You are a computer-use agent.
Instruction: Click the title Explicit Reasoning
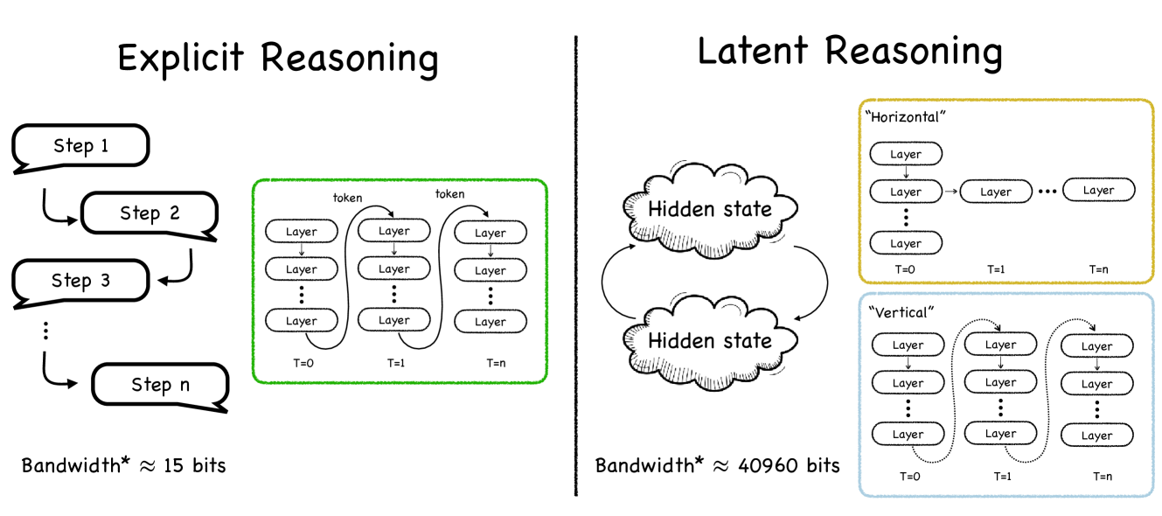[x=277, y=59]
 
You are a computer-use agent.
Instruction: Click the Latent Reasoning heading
[x=849, y=52]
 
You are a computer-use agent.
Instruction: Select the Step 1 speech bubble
[x=81, y=146]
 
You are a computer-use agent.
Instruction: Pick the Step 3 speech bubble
[x=80, y=281]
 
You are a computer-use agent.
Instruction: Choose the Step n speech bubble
[x=160, y=385]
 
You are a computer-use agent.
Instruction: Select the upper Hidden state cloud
[x=710, y=209]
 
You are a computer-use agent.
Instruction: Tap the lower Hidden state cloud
[x=710, y=340]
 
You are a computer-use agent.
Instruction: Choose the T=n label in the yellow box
[x=1099, y=269]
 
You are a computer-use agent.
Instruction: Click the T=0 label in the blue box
[x=907, y=476]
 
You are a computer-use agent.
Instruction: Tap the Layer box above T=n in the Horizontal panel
[x=1098, y=190]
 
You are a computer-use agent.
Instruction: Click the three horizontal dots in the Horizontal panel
[x=1047, y=191]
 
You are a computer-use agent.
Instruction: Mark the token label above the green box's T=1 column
[x=347, y=198]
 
